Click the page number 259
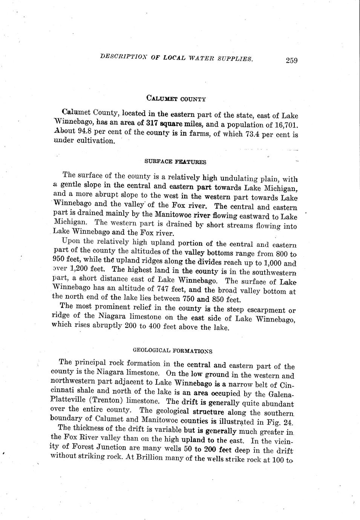coord(291,60)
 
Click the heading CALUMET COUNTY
coord(176,99)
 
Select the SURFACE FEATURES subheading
coord(175,162)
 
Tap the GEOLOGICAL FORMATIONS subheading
coord(173,350)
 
